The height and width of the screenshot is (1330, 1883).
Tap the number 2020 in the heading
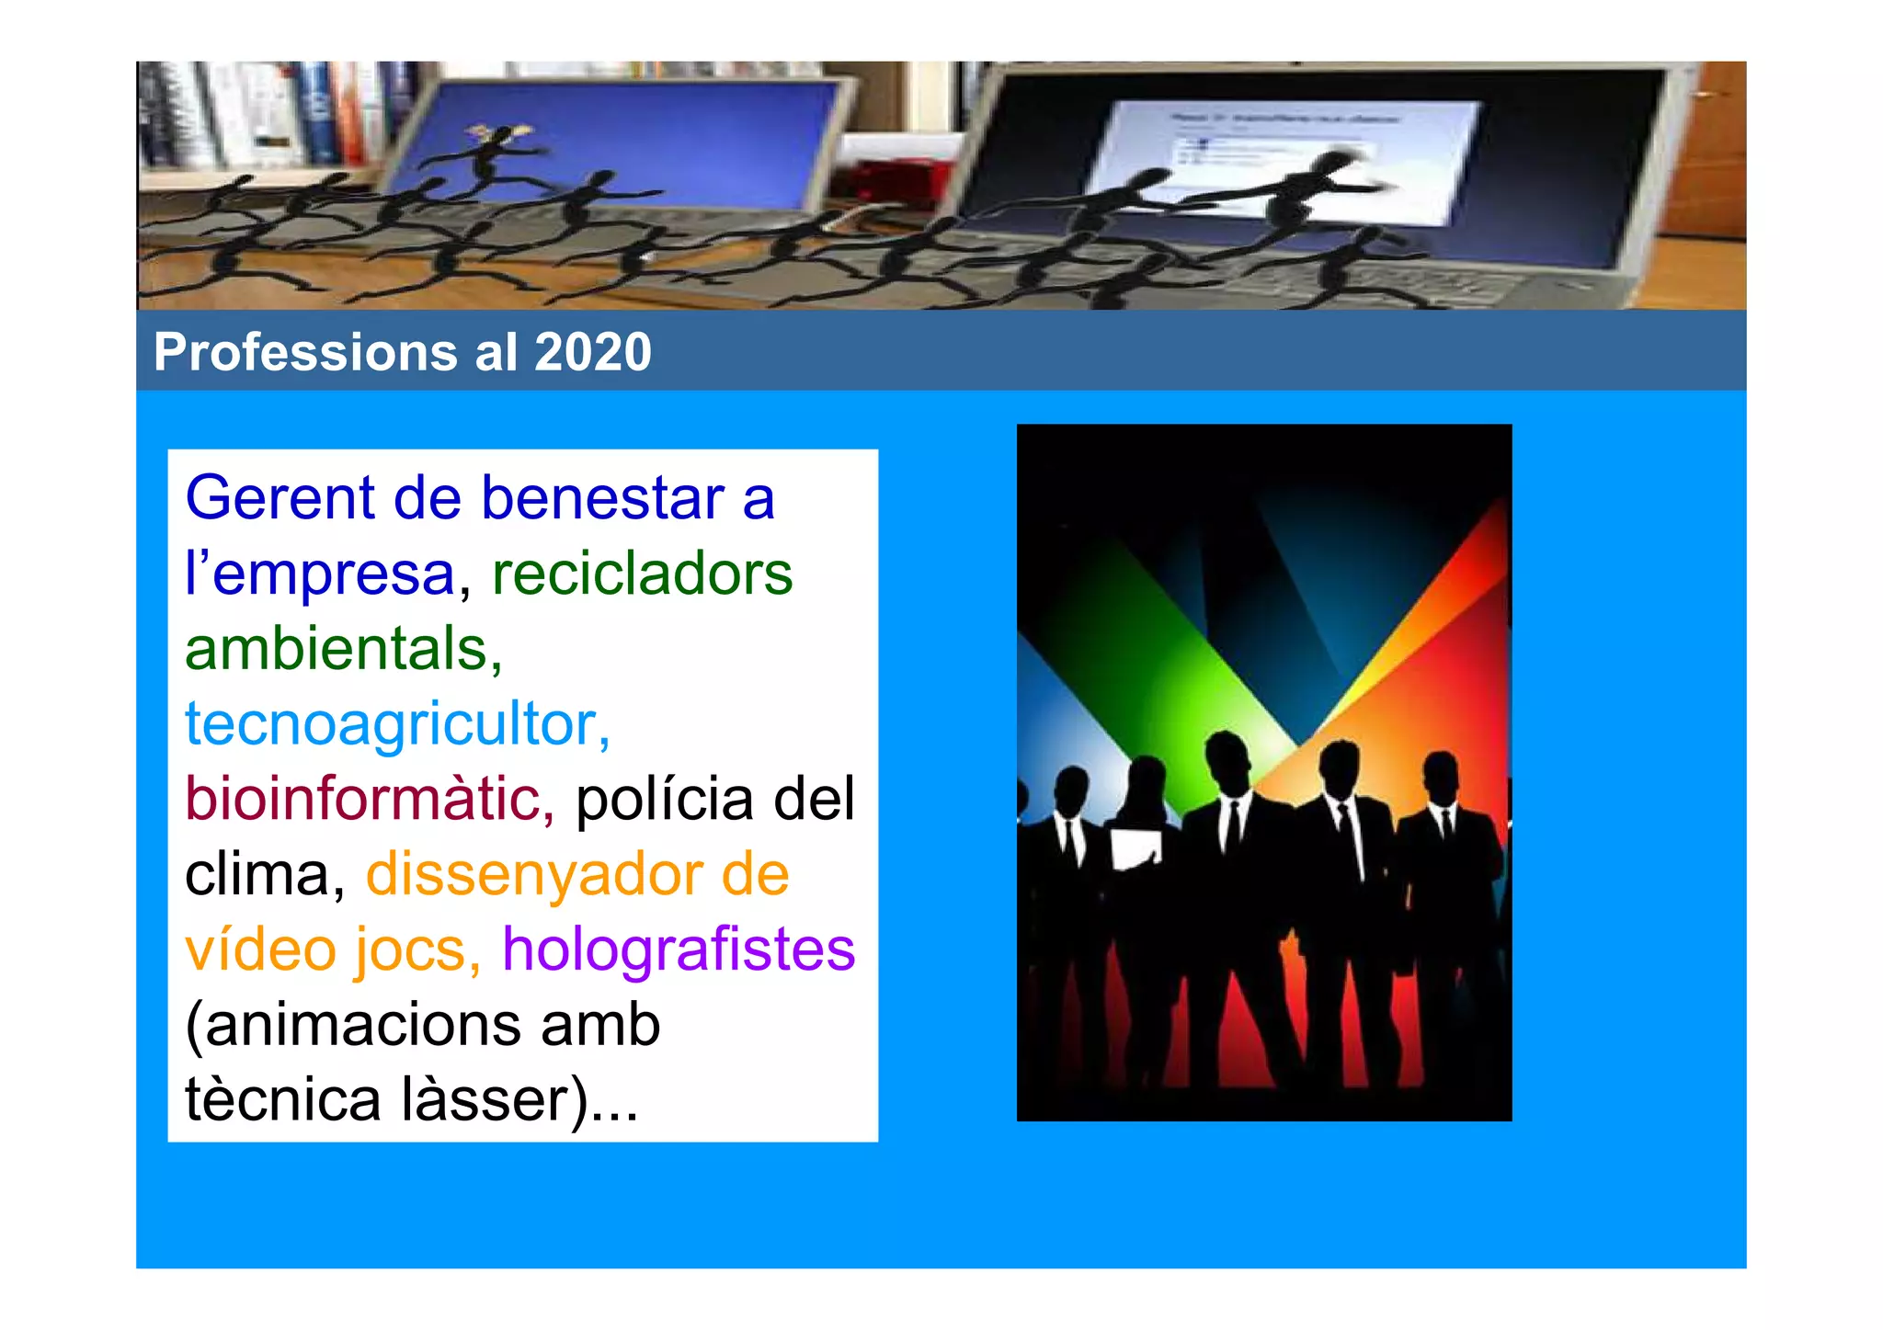(x=593, y=352)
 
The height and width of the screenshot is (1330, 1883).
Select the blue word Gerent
(x=280, y=498)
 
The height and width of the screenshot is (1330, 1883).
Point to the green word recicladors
(x=642, y=574)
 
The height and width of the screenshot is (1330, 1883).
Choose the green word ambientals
(x=343, y=649)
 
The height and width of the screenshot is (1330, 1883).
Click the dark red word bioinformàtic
(x=369, y=799)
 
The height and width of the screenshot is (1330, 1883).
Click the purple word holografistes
(x=679, y=949)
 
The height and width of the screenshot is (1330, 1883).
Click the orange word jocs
(x=417, y=949)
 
